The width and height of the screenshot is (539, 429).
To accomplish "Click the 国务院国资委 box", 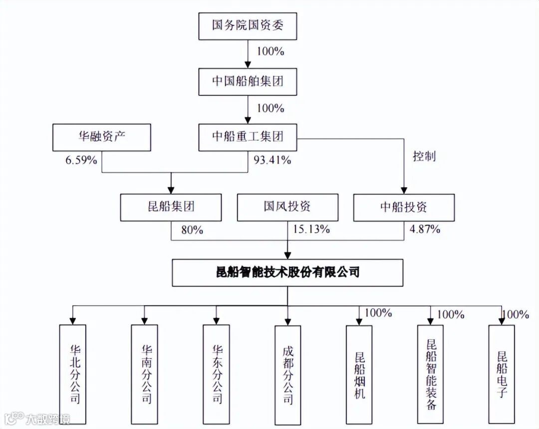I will (248, 26).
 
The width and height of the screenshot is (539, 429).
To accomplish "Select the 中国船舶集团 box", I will (248, 81).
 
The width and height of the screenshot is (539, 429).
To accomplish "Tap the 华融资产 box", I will (101, 137).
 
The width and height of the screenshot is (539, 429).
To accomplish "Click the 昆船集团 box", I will (171, 207).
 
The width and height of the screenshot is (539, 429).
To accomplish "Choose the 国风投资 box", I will (287, 207).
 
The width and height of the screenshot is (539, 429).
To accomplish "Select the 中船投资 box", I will (404, 207).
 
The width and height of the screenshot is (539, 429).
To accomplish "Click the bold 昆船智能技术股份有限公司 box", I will (287, 273).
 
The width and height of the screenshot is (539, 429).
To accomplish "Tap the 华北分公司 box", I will (72, 374).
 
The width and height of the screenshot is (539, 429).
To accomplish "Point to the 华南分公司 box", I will (144, 374).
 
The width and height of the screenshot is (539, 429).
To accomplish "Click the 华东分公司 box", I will (216, 374).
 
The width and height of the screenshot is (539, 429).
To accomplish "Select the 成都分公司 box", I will (288, 374).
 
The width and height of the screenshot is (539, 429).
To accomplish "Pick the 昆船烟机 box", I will (359, 374).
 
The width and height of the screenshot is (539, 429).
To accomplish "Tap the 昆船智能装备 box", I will (431, 374).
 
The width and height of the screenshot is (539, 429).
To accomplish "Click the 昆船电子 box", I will (502, 374).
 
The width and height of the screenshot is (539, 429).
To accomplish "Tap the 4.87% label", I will (425, 230).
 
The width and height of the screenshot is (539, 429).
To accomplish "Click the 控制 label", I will (424, 156).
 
